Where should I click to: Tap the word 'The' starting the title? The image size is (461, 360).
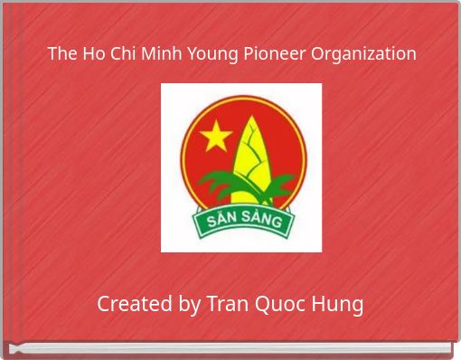61,53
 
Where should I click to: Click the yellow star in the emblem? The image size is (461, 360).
216,137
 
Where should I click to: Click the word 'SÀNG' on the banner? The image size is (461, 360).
262,220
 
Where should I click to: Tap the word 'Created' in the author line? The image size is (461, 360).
133,303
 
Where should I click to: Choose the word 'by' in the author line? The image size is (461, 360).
188,305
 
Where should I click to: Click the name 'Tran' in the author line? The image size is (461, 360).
227,303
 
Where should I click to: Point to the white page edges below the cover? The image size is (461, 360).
230,348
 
